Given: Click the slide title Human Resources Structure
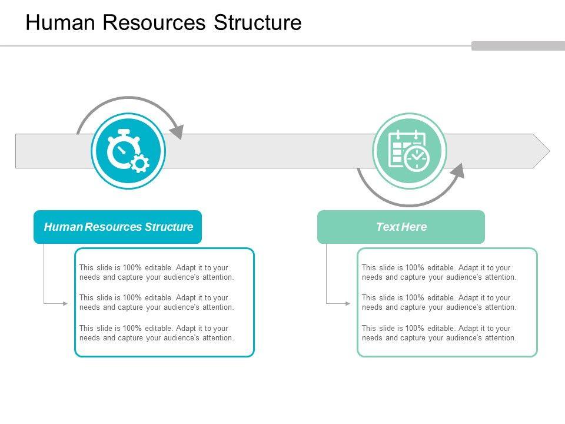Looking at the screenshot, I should [164, 22].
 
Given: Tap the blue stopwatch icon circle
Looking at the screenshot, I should [128, 151].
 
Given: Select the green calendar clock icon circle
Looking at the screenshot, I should [410, 151].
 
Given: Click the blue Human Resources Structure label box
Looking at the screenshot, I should [118, 227].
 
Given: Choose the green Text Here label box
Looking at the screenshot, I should [401, 227].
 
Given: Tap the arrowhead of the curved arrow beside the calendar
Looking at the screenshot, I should [458, 171].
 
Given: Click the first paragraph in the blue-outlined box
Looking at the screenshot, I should [157, 272].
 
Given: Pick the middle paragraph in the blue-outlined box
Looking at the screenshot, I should [157, 303].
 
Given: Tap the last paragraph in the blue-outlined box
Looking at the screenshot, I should [157, 333].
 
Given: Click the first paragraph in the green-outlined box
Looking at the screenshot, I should [439, 272].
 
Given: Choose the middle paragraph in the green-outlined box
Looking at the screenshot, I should [439, 303].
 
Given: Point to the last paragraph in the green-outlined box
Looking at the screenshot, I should [439, 333].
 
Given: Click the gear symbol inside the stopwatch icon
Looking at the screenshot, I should [139, 163].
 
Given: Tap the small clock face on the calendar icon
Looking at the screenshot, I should [418, 158].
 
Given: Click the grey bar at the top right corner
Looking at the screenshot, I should [518, 46].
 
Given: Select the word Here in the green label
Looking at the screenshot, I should [415, 227].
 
